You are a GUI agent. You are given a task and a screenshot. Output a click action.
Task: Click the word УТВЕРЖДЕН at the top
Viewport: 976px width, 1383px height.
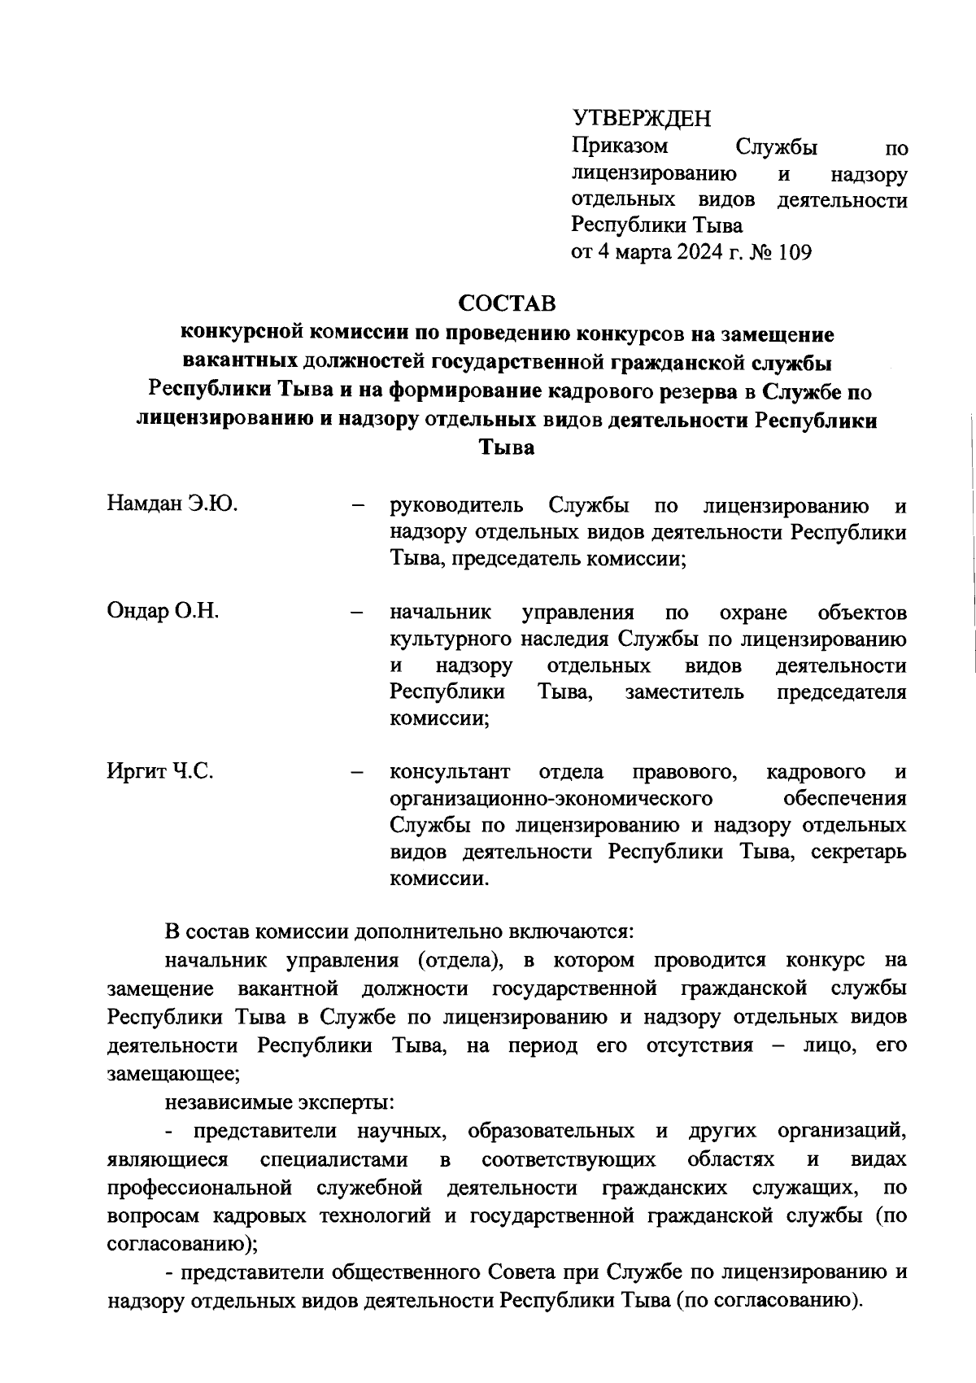click(641, 119)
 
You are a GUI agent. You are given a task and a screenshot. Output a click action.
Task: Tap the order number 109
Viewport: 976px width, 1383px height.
click(795, 252)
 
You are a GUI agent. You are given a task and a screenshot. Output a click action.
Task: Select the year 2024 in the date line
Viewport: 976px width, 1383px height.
click(696, 252)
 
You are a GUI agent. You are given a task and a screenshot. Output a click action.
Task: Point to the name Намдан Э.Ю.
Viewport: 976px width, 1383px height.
click(172, 504)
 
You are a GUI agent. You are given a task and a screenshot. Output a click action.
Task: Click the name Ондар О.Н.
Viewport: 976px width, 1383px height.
click(163, 611)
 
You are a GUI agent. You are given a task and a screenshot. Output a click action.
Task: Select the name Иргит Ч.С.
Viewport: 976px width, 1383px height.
click(160, 771)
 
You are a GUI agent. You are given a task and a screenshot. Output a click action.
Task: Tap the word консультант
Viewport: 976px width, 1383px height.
click(450, 771)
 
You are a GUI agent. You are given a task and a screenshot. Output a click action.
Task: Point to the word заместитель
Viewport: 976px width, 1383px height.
click(684, 692)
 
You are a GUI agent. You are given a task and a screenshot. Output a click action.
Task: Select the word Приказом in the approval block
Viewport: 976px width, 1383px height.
click(620, 146)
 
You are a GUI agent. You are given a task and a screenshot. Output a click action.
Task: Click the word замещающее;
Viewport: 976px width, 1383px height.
click(173, 1073)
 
